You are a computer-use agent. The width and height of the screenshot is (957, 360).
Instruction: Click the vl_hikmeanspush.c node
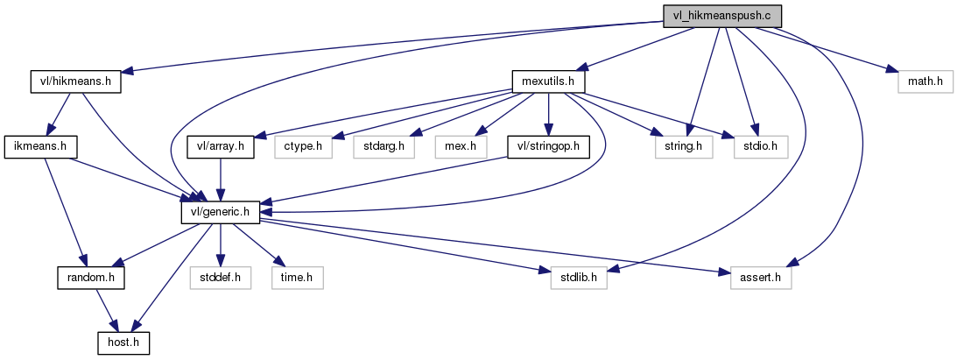coord(721,16)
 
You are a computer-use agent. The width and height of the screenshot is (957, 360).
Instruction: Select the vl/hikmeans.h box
coord(74,82)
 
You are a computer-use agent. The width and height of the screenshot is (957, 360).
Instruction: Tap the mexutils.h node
coord(548,82)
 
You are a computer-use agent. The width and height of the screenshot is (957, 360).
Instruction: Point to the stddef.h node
coord(221,278)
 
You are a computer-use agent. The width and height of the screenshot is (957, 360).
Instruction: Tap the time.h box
coord(298,278)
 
